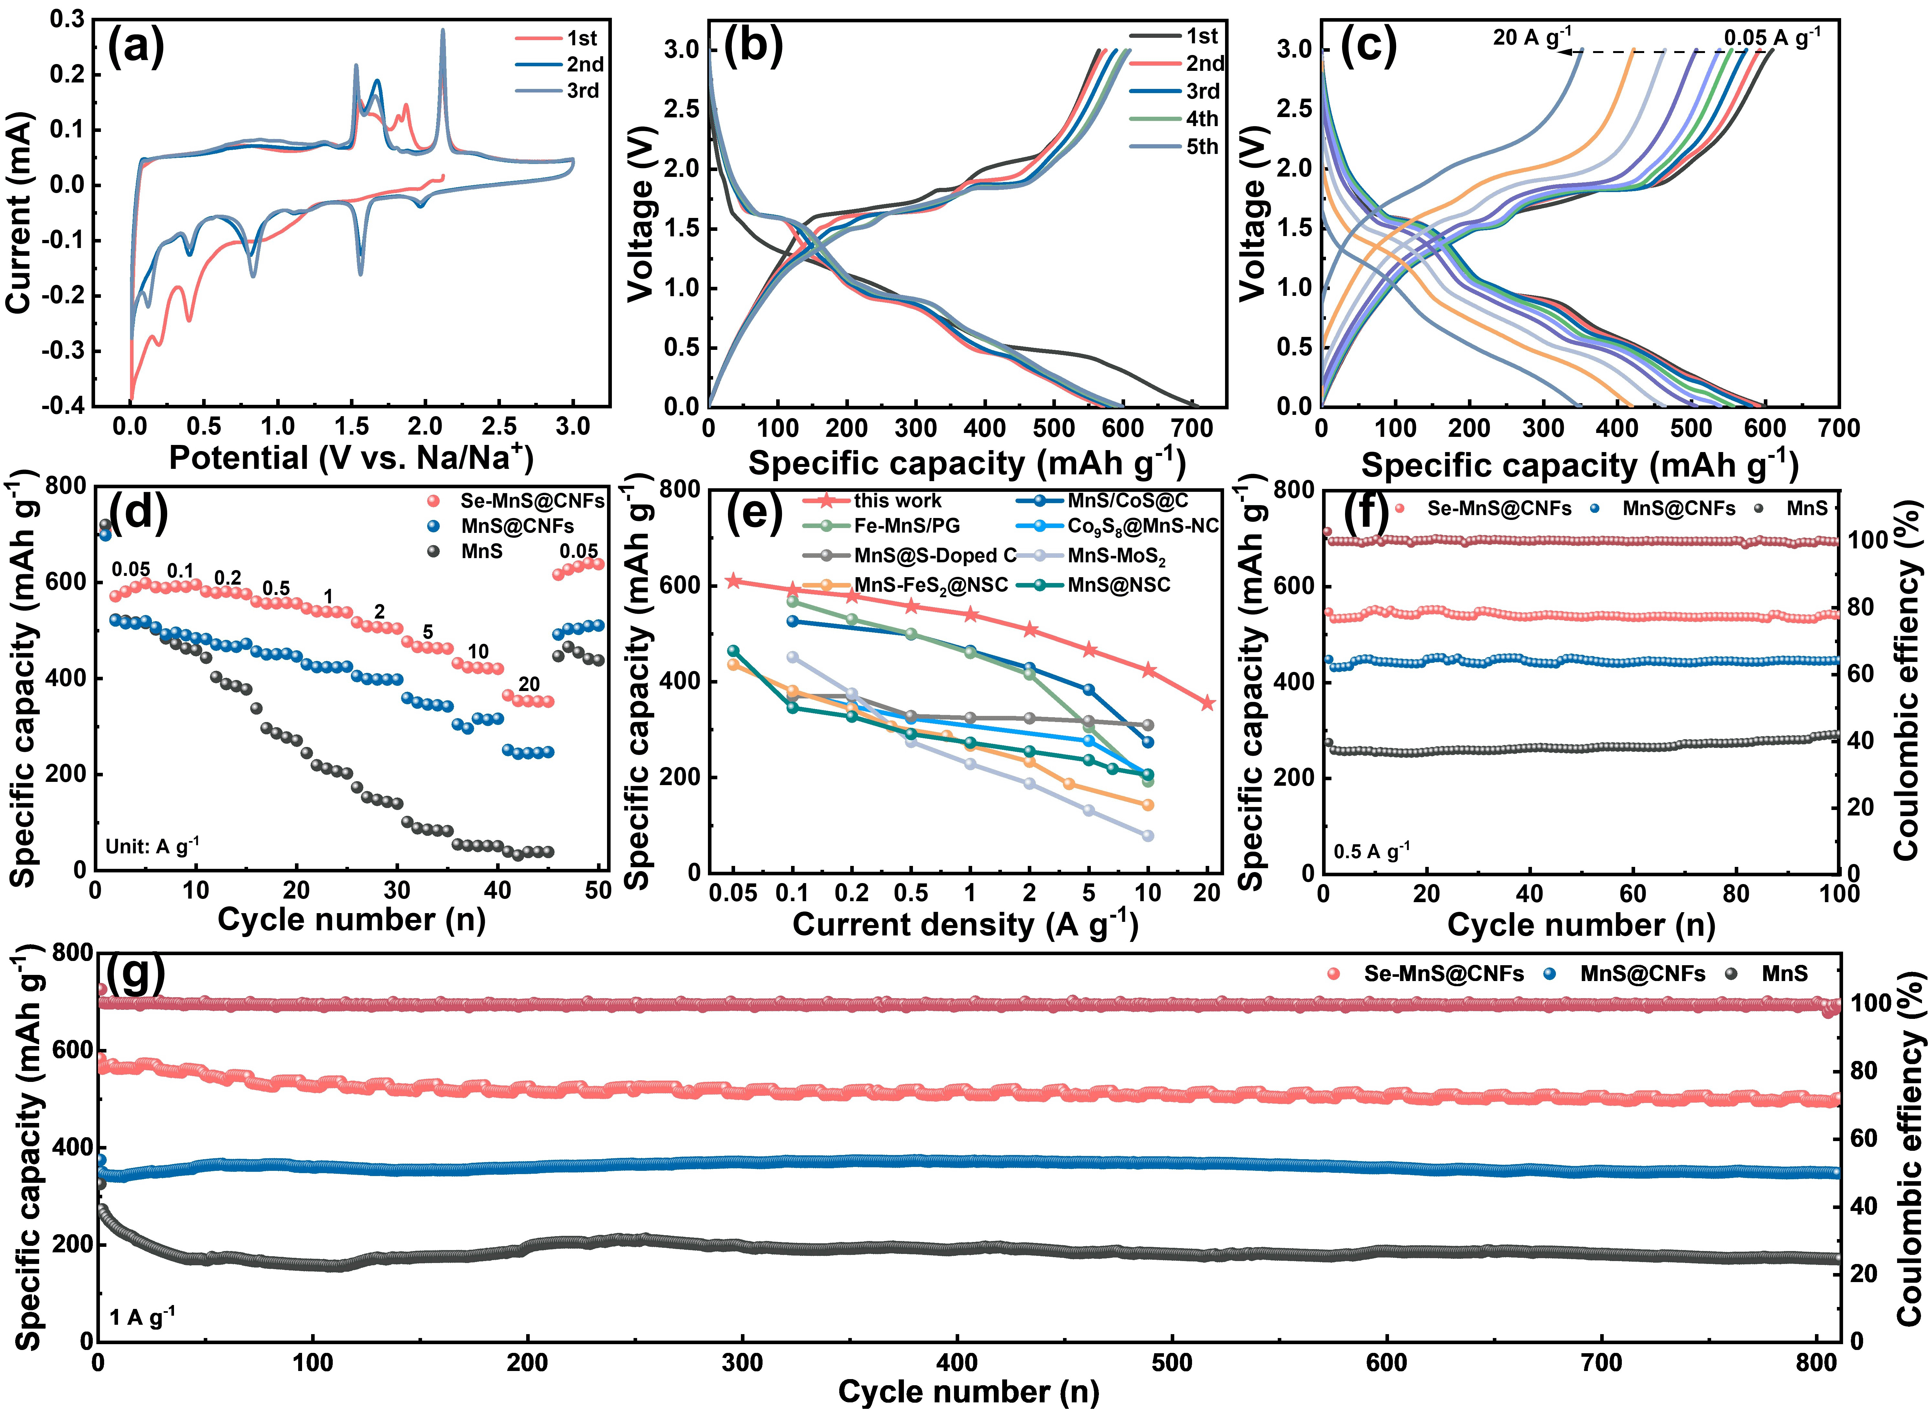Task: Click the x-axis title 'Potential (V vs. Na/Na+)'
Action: click(351, 458)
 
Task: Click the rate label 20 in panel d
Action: click(529, 684)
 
